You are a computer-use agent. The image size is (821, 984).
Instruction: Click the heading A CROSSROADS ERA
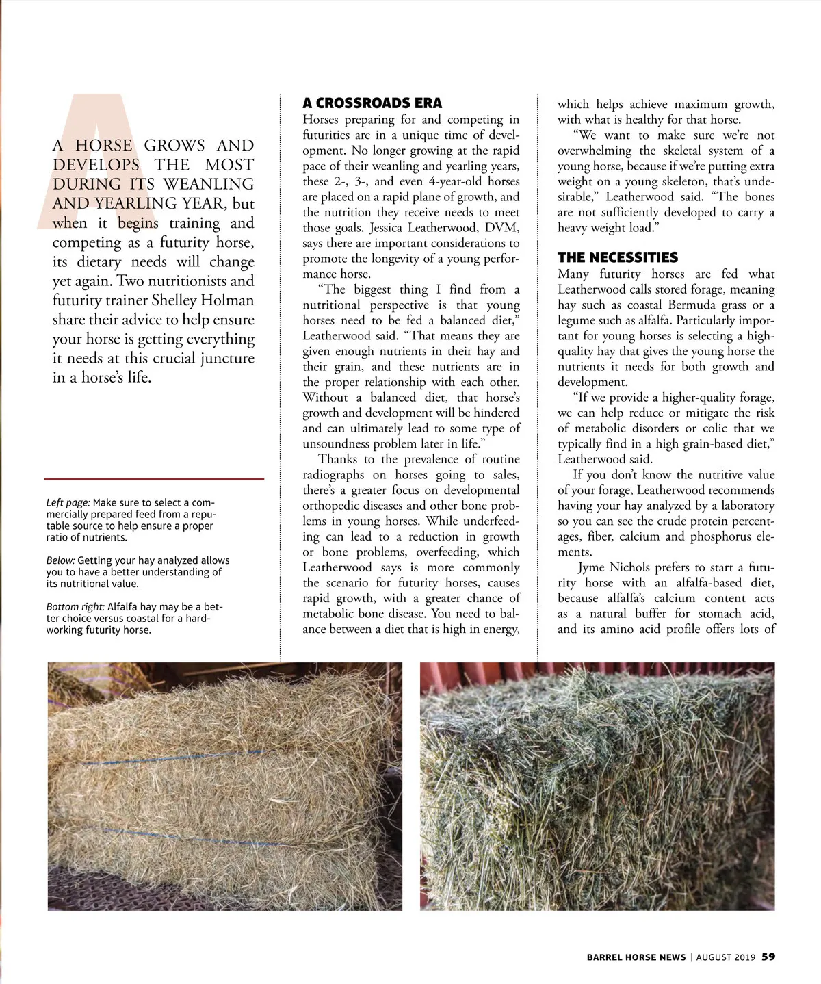point(372,103)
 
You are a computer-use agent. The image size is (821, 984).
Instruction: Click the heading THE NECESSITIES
point(617,257)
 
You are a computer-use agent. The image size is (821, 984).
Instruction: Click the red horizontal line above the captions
point(154,479)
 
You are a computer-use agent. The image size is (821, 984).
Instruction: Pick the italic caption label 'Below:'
point(60,560)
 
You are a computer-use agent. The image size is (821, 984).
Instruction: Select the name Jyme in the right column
point(594,567)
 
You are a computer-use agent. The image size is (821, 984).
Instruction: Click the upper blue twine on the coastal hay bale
point(171,761)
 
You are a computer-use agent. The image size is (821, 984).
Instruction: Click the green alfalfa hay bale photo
point(597,787)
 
